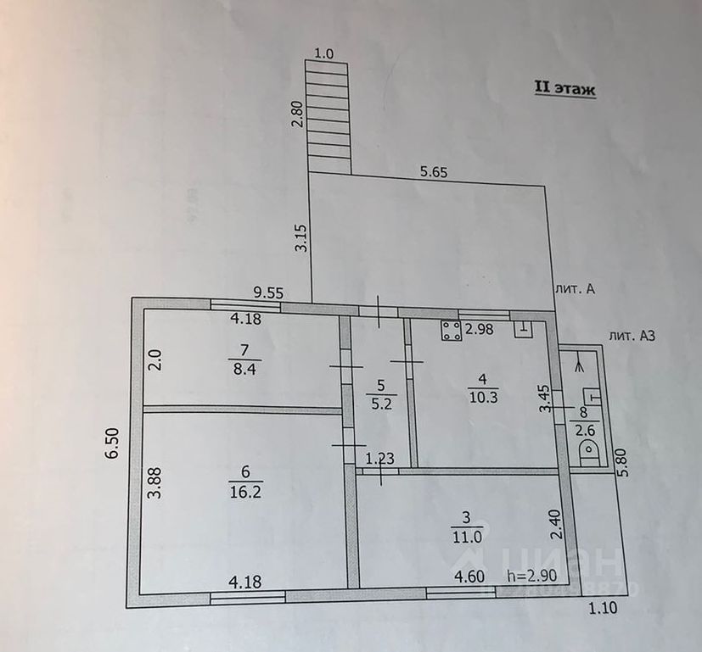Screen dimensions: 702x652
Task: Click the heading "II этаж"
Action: (564, 87)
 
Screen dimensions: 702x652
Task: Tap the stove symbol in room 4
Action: (451, 332)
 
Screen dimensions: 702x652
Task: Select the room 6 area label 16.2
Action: (242, 489)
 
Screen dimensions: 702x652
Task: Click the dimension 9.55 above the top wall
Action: (268, 293)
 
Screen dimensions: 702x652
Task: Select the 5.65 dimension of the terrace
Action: (433, 171)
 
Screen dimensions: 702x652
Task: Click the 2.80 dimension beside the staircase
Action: (295, 114)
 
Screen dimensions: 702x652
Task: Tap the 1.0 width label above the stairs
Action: (324, 53)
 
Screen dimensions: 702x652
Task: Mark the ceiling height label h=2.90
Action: (530, 577)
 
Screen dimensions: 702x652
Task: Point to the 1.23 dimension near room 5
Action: (379, 459)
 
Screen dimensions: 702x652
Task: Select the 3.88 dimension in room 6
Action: (154, 484)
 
